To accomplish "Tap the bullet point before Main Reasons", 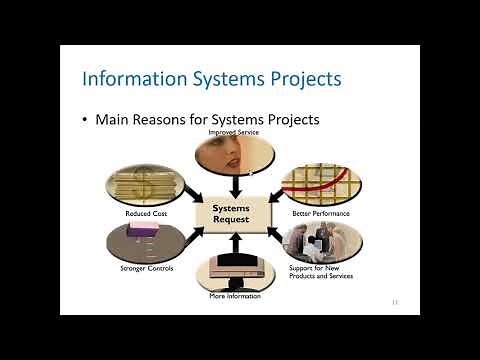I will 85,120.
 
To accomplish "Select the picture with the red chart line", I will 322,182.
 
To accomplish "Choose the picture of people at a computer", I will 322,241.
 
